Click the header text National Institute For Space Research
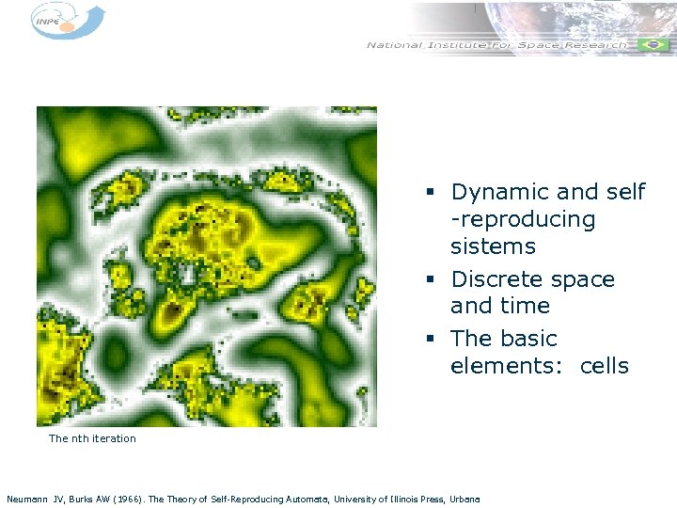[x=496, y=45]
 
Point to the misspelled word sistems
[x=493, y=247]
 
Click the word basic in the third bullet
[x=529, y=339]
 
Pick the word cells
[x=604, y=366]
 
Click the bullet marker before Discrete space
[x=428, y=280]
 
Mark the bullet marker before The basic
[x=428, y=340]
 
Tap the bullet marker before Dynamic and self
[x=428, y=193]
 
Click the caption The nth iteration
[x=92, y=438]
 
